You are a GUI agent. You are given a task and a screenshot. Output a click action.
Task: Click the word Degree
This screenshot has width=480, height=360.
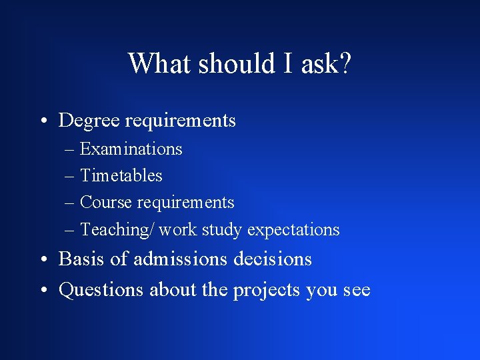tap(89, 121)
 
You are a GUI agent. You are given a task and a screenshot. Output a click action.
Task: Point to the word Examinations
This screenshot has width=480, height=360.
tap(131, 149)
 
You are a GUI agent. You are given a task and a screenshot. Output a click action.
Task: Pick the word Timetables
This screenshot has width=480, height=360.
tap(121, 175)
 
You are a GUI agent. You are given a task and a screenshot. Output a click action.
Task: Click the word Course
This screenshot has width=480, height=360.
tap(106, 202)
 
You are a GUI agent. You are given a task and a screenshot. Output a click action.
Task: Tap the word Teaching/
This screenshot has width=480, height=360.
tap(117, 230)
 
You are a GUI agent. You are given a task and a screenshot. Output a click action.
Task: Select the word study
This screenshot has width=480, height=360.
tap(222, 230)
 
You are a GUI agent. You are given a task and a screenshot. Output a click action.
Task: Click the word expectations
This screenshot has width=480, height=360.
tap(293, 230)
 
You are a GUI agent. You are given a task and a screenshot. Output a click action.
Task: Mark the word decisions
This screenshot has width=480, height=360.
tap(273, 259)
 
